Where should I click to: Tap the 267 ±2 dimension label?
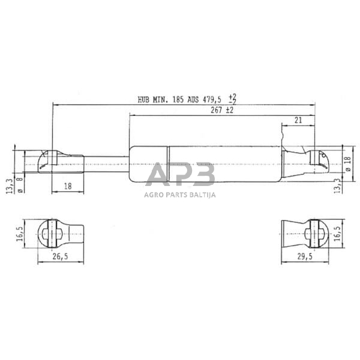click(221, 110)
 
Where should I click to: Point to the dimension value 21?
click(298, 121)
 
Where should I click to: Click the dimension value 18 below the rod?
click(67, 187)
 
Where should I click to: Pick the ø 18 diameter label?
click(347, 163)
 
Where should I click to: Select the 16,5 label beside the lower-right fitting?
click(337, 232)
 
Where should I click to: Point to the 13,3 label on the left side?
click(8, 184)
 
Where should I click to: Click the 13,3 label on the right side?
click(337, 185)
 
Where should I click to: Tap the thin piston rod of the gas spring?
click(106, 163)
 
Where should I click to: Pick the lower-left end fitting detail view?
click(60, 232)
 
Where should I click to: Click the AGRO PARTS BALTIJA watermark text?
click(179, 194)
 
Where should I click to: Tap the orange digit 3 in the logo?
click(204, 175)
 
